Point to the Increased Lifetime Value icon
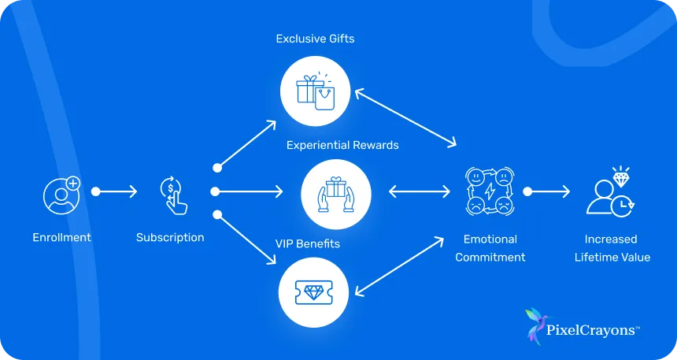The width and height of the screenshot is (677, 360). tap(611, 192)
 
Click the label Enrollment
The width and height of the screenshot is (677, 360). tap(61, 237)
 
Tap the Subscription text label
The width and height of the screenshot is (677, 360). tap(170, 237)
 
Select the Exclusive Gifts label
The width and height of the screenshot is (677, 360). tap(315, 39)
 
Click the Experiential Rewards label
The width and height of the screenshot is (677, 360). tap(342, 145)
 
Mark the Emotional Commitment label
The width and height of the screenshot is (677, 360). tap(490, 247)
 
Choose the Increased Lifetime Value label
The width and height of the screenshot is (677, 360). tap(612, 247)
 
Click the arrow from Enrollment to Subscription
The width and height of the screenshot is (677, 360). tap(116, 191)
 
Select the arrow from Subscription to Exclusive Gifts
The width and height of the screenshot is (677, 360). tap(246, 145)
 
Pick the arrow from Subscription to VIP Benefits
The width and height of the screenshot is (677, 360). tap(246, 238)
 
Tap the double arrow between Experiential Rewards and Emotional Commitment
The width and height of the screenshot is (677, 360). tap(419, 191)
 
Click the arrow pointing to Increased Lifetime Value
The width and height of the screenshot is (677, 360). tap(549, 191)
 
